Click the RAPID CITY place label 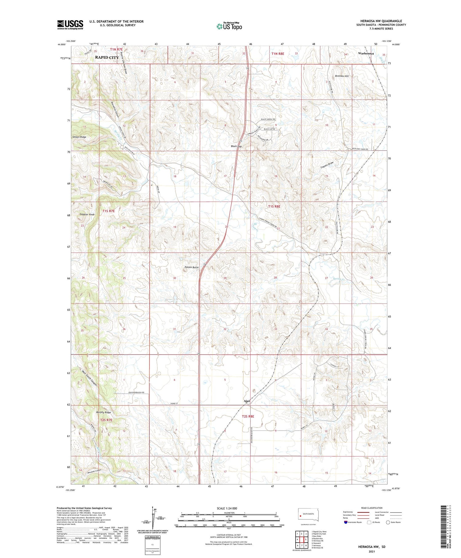(x=107, y=57)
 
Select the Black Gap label (x=236, y=146)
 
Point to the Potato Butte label (x=191, y=267)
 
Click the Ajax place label (x=246, y=401)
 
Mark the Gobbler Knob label (x=87, y=214)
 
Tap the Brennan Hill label (x=342, y=76)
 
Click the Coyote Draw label (x=327, y=164)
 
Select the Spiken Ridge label (x=79, y=137)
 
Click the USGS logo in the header (x=70, y=25)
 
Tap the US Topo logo (x=229, y=26)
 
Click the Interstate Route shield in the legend (x=346, y=522)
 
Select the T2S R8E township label (x=248, y=416)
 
